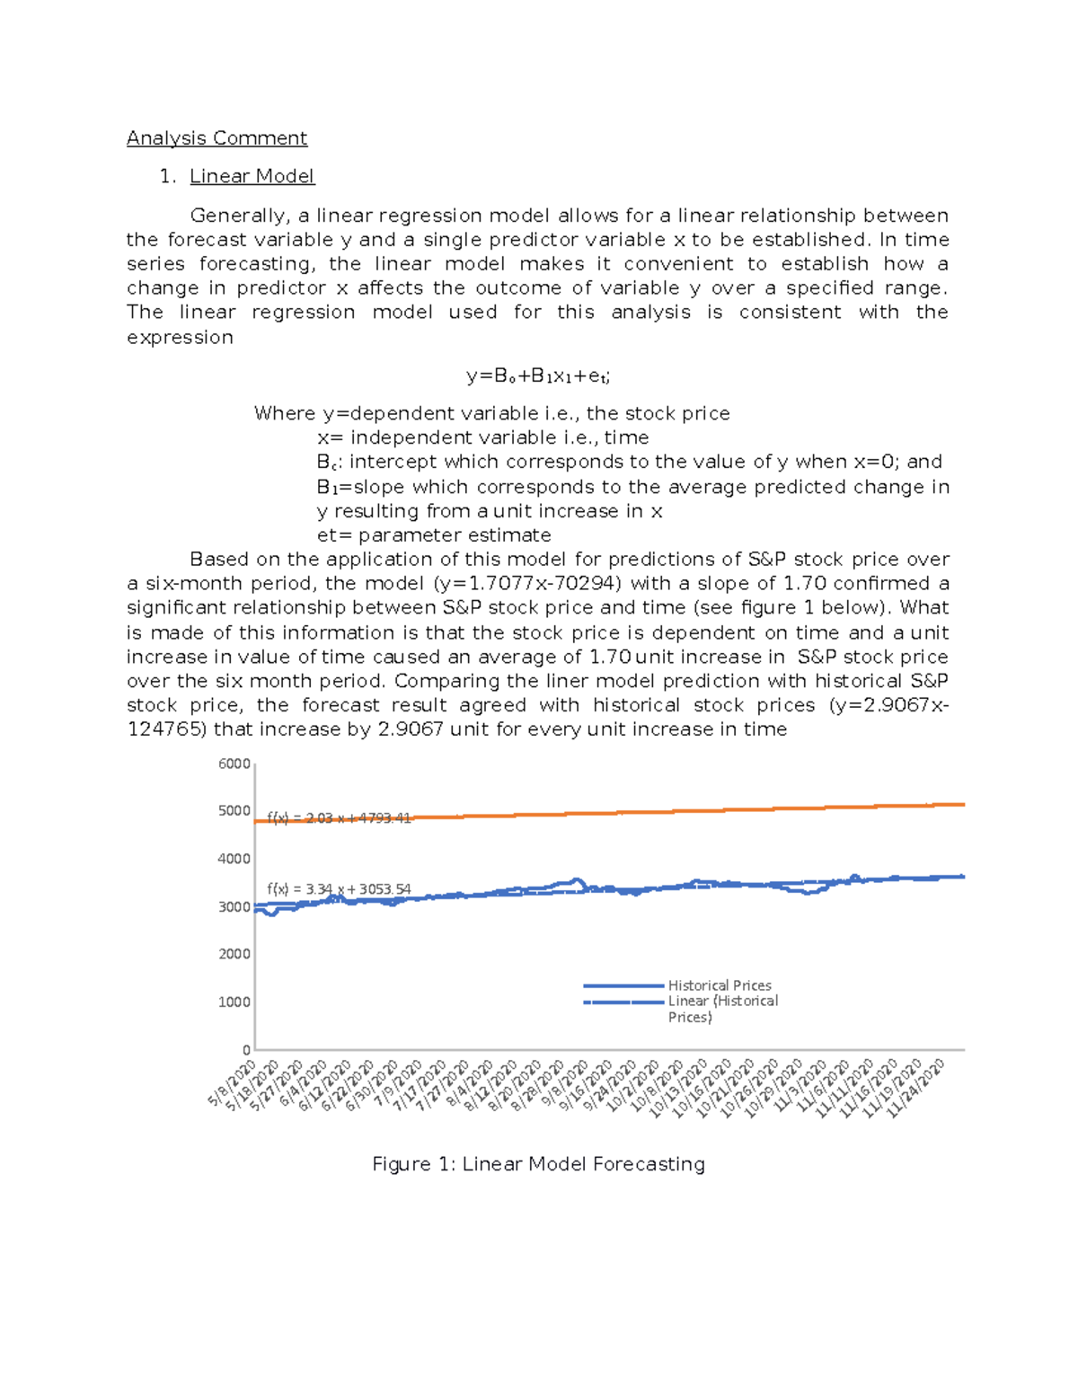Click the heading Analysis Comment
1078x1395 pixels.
tap(216, 138)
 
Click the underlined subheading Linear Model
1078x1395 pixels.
tap(252, 176)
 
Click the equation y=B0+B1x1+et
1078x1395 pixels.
tap(538, 376)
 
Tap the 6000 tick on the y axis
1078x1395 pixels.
tap(234, 764)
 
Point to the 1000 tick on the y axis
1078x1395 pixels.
tap(234, 1002)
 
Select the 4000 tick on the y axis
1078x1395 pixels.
tap(234, 859)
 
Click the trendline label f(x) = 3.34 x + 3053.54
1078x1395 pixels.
tap(339, 889)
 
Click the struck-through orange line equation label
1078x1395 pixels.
tap(339, 818)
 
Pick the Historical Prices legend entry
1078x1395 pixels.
tap(719, 985)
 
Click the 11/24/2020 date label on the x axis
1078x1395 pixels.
tap(916, 1088)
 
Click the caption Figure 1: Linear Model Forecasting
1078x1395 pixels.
tap(538, 1164)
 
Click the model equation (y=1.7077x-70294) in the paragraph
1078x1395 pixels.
tap(526, 584)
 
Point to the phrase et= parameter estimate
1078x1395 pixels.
tap(434, 535)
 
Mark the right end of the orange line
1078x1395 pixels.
tap(963, 805)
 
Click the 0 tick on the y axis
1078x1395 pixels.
tap(246, 1050)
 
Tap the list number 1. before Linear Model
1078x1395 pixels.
tap(167, 176)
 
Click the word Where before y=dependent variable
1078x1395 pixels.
tap(284, 413)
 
